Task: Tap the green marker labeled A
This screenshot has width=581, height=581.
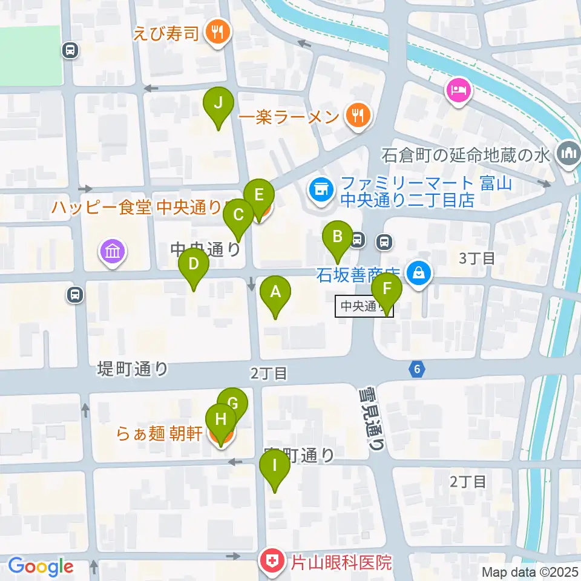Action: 275,293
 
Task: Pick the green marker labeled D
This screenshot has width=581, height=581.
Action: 194,265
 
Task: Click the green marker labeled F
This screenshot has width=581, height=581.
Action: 387,289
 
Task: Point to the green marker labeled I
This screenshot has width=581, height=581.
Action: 275,467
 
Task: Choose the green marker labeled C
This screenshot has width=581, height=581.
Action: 238,216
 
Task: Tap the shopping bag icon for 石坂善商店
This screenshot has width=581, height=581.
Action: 419,274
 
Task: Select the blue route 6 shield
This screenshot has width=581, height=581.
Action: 416,369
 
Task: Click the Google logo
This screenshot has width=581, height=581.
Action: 41,566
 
